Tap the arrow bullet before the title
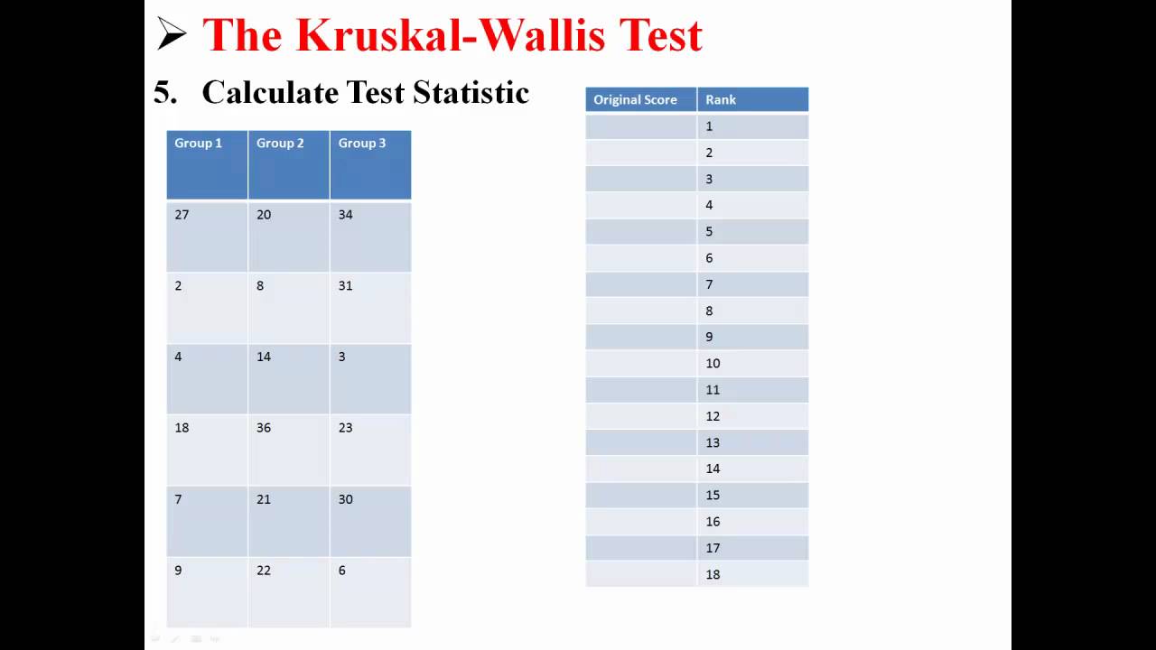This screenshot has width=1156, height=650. pos(172,34)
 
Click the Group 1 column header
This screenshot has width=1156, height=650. pos(198,143)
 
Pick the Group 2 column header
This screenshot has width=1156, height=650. pos(280,143)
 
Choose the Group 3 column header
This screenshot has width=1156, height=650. pos(362,143)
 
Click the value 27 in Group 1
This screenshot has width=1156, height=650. pos(182,215)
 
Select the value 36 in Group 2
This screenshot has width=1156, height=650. pos(264,428)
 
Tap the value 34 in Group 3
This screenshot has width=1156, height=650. pos(345,215)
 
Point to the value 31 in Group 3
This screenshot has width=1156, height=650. pos(345,286)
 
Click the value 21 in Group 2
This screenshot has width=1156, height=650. pos(264,499)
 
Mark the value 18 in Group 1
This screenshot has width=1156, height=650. pos(182,428)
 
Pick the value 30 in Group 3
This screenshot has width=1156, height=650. pos(345,499)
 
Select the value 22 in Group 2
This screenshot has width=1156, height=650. pos(264,571)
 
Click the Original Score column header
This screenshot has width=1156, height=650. pos(635,99)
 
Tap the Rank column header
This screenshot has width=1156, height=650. pos(721,99)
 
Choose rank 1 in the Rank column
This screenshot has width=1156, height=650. pos(709,126)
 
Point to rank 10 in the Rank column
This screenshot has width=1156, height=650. pos(713,363)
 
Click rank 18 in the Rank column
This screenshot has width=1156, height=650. pos(713,574)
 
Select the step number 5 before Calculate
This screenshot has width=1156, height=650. pos(163,92)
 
